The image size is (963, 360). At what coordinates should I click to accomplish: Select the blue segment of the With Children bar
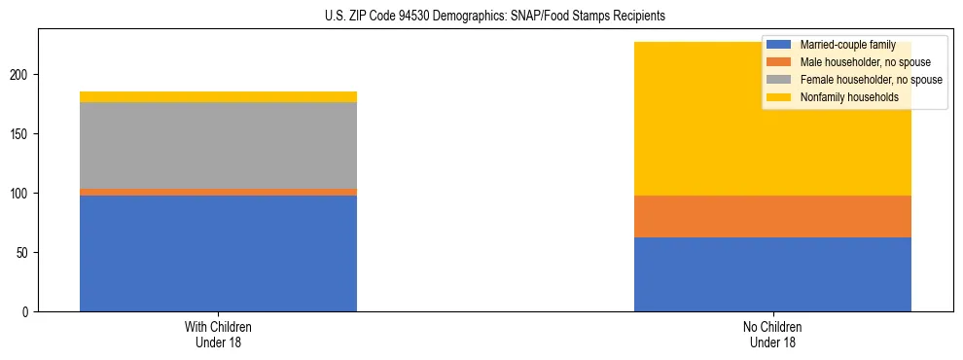click(218, 253)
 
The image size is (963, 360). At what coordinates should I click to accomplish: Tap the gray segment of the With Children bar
click(218, 145)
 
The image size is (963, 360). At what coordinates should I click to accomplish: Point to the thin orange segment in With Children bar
click(218, 193)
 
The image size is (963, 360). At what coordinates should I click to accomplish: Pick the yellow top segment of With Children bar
click(218, 96)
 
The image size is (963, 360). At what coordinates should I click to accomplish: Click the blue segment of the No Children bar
click(772, 274)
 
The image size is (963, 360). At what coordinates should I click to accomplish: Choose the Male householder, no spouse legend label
click(858, 62)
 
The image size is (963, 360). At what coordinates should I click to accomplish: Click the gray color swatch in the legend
click(779, 80)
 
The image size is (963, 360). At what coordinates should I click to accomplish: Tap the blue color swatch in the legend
click(779, 45)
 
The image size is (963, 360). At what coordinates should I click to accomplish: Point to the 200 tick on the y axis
click(23, 74)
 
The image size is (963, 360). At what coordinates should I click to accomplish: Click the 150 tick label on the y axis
click(23, 133)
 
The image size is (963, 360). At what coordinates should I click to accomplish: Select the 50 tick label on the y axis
click(26, 252)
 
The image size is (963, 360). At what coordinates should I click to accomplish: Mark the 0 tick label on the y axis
click(29, 311)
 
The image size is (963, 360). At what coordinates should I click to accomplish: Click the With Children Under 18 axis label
click(218, 334)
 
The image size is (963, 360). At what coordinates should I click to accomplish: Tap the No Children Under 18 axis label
click(772, 334)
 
